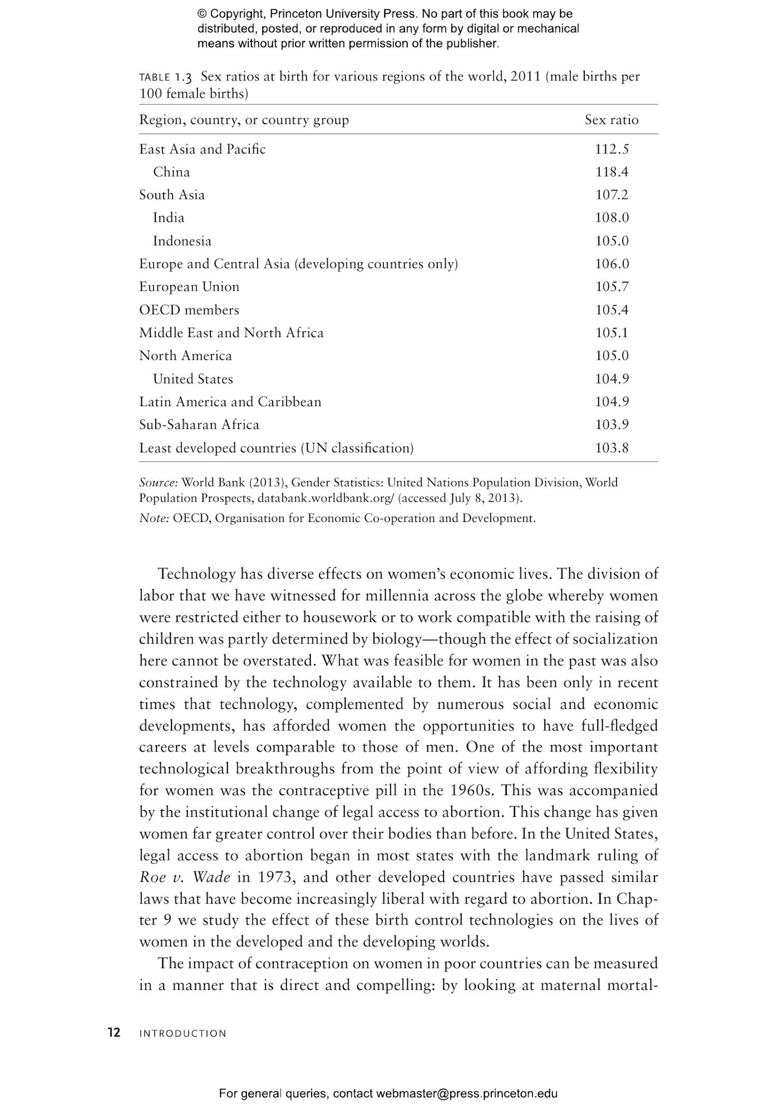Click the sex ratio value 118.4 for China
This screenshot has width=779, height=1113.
(611, 172)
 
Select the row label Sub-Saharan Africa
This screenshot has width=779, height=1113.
(199, 424)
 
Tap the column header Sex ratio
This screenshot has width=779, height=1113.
(611, 120)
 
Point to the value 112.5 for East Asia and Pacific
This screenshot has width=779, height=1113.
(611, 149)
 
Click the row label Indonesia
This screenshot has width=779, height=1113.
(182, 241)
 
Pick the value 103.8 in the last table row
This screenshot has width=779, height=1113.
(611, 448)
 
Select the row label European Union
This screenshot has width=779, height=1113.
(189, 287)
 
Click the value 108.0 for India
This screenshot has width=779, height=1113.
(611, 218)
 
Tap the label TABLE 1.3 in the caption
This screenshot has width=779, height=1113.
(165, 77)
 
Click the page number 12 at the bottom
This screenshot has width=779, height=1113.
(114, 1032)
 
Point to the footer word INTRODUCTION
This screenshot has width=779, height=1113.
(183, 1034)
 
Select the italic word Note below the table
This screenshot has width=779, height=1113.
(154, 518)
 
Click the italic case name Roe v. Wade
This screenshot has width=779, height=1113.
(184, 877)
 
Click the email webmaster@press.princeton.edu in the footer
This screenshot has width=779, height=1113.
(466, 1093)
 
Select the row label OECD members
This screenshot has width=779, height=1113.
(189, 310)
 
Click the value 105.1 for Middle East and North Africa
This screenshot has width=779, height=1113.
(611, 333)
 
